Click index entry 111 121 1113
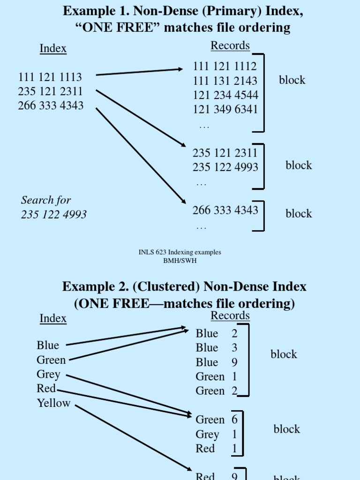50,77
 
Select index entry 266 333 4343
51,105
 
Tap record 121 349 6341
225,110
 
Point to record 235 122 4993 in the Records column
225,167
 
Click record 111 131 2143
225,81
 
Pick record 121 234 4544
225,96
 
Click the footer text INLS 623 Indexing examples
180,252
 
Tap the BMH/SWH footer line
180,261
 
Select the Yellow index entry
54,403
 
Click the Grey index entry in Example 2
49,375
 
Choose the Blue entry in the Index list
48,345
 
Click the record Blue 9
217,362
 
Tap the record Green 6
217,420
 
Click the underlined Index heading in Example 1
53,49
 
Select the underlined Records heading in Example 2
230,316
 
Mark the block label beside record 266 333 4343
299,214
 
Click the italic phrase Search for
46,200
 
